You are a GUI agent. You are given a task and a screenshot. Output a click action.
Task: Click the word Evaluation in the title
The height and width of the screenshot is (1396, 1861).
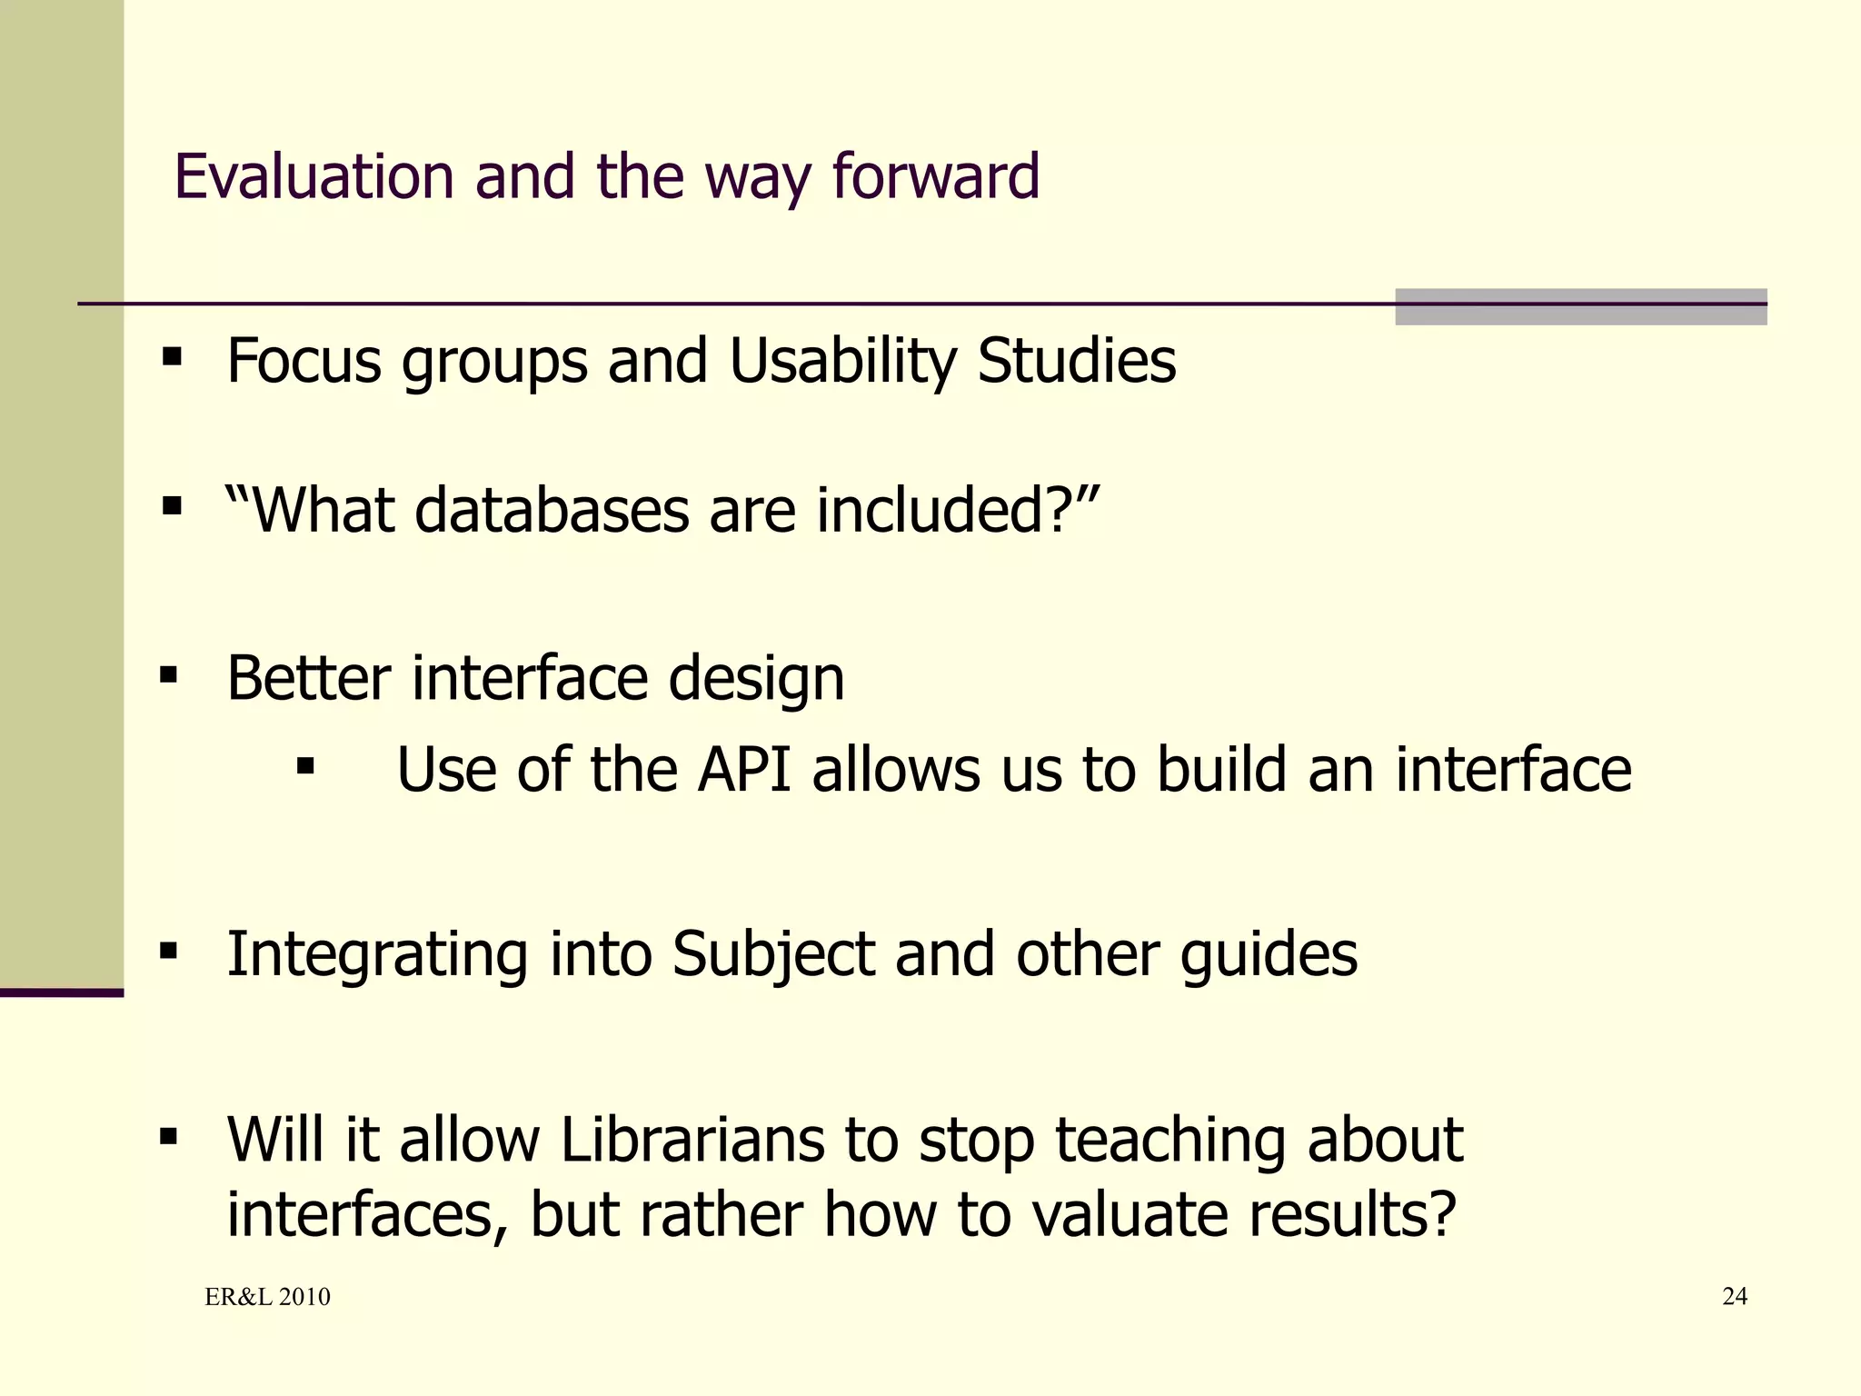tap(313, 176)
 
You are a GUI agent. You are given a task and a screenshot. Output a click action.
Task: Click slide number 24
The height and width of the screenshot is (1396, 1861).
tap(1734, 1296)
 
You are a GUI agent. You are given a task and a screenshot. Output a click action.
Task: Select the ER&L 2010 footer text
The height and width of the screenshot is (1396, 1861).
tap(267, 1297)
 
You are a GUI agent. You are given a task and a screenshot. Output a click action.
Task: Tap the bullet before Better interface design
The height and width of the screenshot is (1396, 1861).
tap(169, 675)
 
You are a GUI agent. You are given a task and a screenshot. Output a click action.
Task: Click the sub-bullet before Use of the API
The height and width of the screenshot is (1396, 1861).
tap(305, 766)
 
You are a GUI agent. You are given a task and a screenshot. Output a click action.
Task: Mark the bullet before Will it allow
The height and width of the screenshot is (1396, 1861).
tap(169, 1136)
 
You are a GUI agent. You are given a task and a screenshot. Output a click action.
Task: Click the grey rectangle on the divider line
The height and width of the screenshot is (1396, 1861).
tap(1580, 306)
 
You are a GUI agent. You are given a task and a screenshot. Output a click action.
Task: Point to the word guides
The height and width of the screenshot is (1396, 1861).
tap(1269, 955)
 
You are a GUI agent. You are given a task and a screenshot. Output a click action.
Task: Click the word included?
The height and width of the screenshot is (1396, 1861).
tap(957, 510)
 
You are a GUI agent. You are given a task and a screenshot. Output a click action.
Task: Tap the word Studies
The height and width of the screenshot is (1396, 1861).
tap(1076, 362)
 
